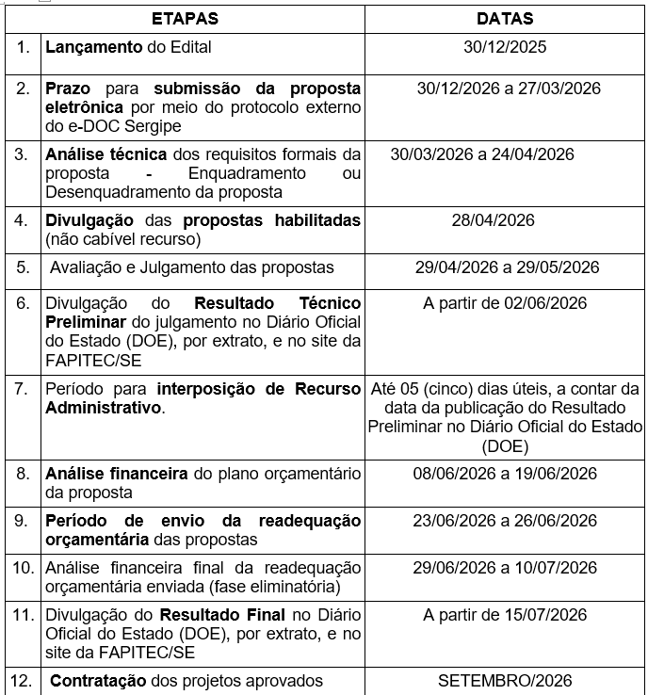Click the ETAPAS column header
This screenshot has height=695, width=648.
click(x=185, y=18)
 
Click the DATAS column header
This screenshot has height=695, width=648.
click(x=505, y=18)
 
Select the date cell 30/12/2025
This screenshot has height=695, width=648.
click(x=505, y=46)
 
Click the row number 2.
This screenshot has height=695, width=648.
click(x=22, y=89)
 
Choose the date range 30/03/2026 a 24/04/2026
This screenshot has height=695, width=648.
click(x=482, y=154)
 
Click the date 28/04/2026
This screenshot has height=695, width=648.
click(x=505, y=220)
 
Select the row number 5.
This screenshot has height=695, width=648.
click(x=22, y=267)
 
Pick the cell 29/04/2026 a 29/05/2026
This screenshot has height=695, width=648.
click(x=507, y=267)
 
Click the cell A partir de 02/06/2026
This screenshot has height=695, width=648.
click(x=505, y=302)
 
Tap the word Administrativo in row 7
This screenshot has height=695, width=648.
click(x=104, y=408)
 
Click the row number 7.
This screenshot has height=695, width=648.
click(x=22, y=389)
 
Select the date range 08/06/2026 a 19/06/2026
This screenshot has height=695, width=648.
click(x=505, y=473)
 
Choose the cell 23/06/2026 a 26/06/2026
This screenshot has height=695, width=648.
click(x=505, y=521)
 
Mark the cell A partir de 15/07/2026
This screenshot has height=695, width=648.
click(x=505, y=615)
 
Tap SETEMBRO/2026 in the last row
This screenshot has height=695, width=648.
click(x=505, y=681)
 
